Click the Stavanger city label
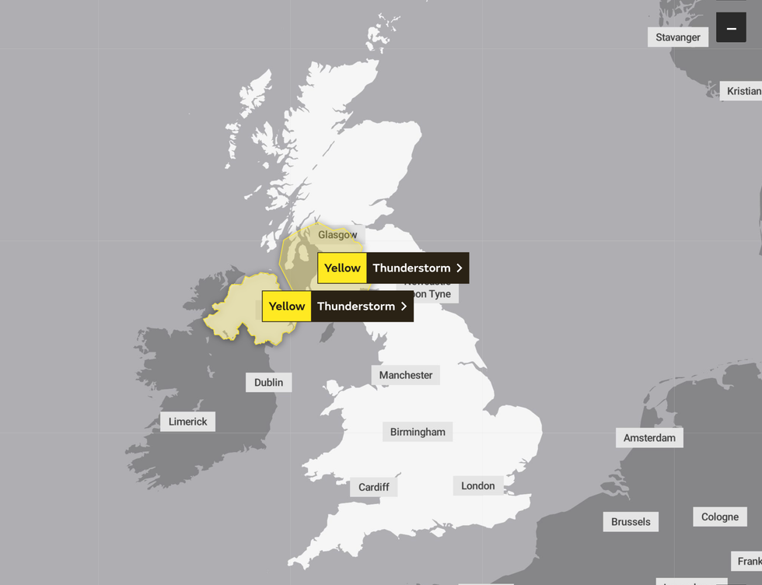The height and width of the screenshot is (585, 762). (678, 37)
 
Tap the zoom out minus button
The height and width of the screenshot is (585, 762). (731, 29)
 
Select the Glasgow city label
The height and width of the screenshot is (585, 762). (337, 235)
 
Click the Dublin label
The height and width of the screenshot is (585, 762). (269, 382)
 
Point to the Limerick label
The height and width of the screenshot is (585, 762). (188, 422)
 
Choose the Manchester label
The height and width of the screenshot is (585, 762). (406, 375)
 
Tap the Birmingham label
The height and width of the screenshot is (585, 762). (418, 432)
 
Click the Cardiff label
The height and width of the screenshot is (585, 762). (374, 487)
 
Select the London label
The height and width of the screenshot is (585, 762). (478, 485)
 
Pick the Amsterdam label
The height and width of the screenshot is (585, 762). (649, 438)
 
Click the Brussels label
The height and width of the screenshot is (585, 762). (631, 521)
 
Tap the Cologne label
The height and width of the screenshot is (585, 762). (720, 517)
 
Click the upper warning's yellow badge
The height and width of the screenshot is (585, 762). (342, 268)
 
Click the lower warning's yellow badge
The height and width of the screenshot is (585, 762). (287, 307)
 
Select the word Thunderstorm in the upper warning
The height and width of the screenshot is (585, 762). (411, 268)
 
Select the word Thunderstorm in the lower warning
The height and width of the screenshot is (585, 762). (356, 307)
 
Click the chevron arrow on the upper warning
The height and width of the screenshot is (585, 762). (460, 268)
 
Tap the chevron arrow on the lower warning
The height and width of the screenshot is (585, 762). (404, 307)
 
